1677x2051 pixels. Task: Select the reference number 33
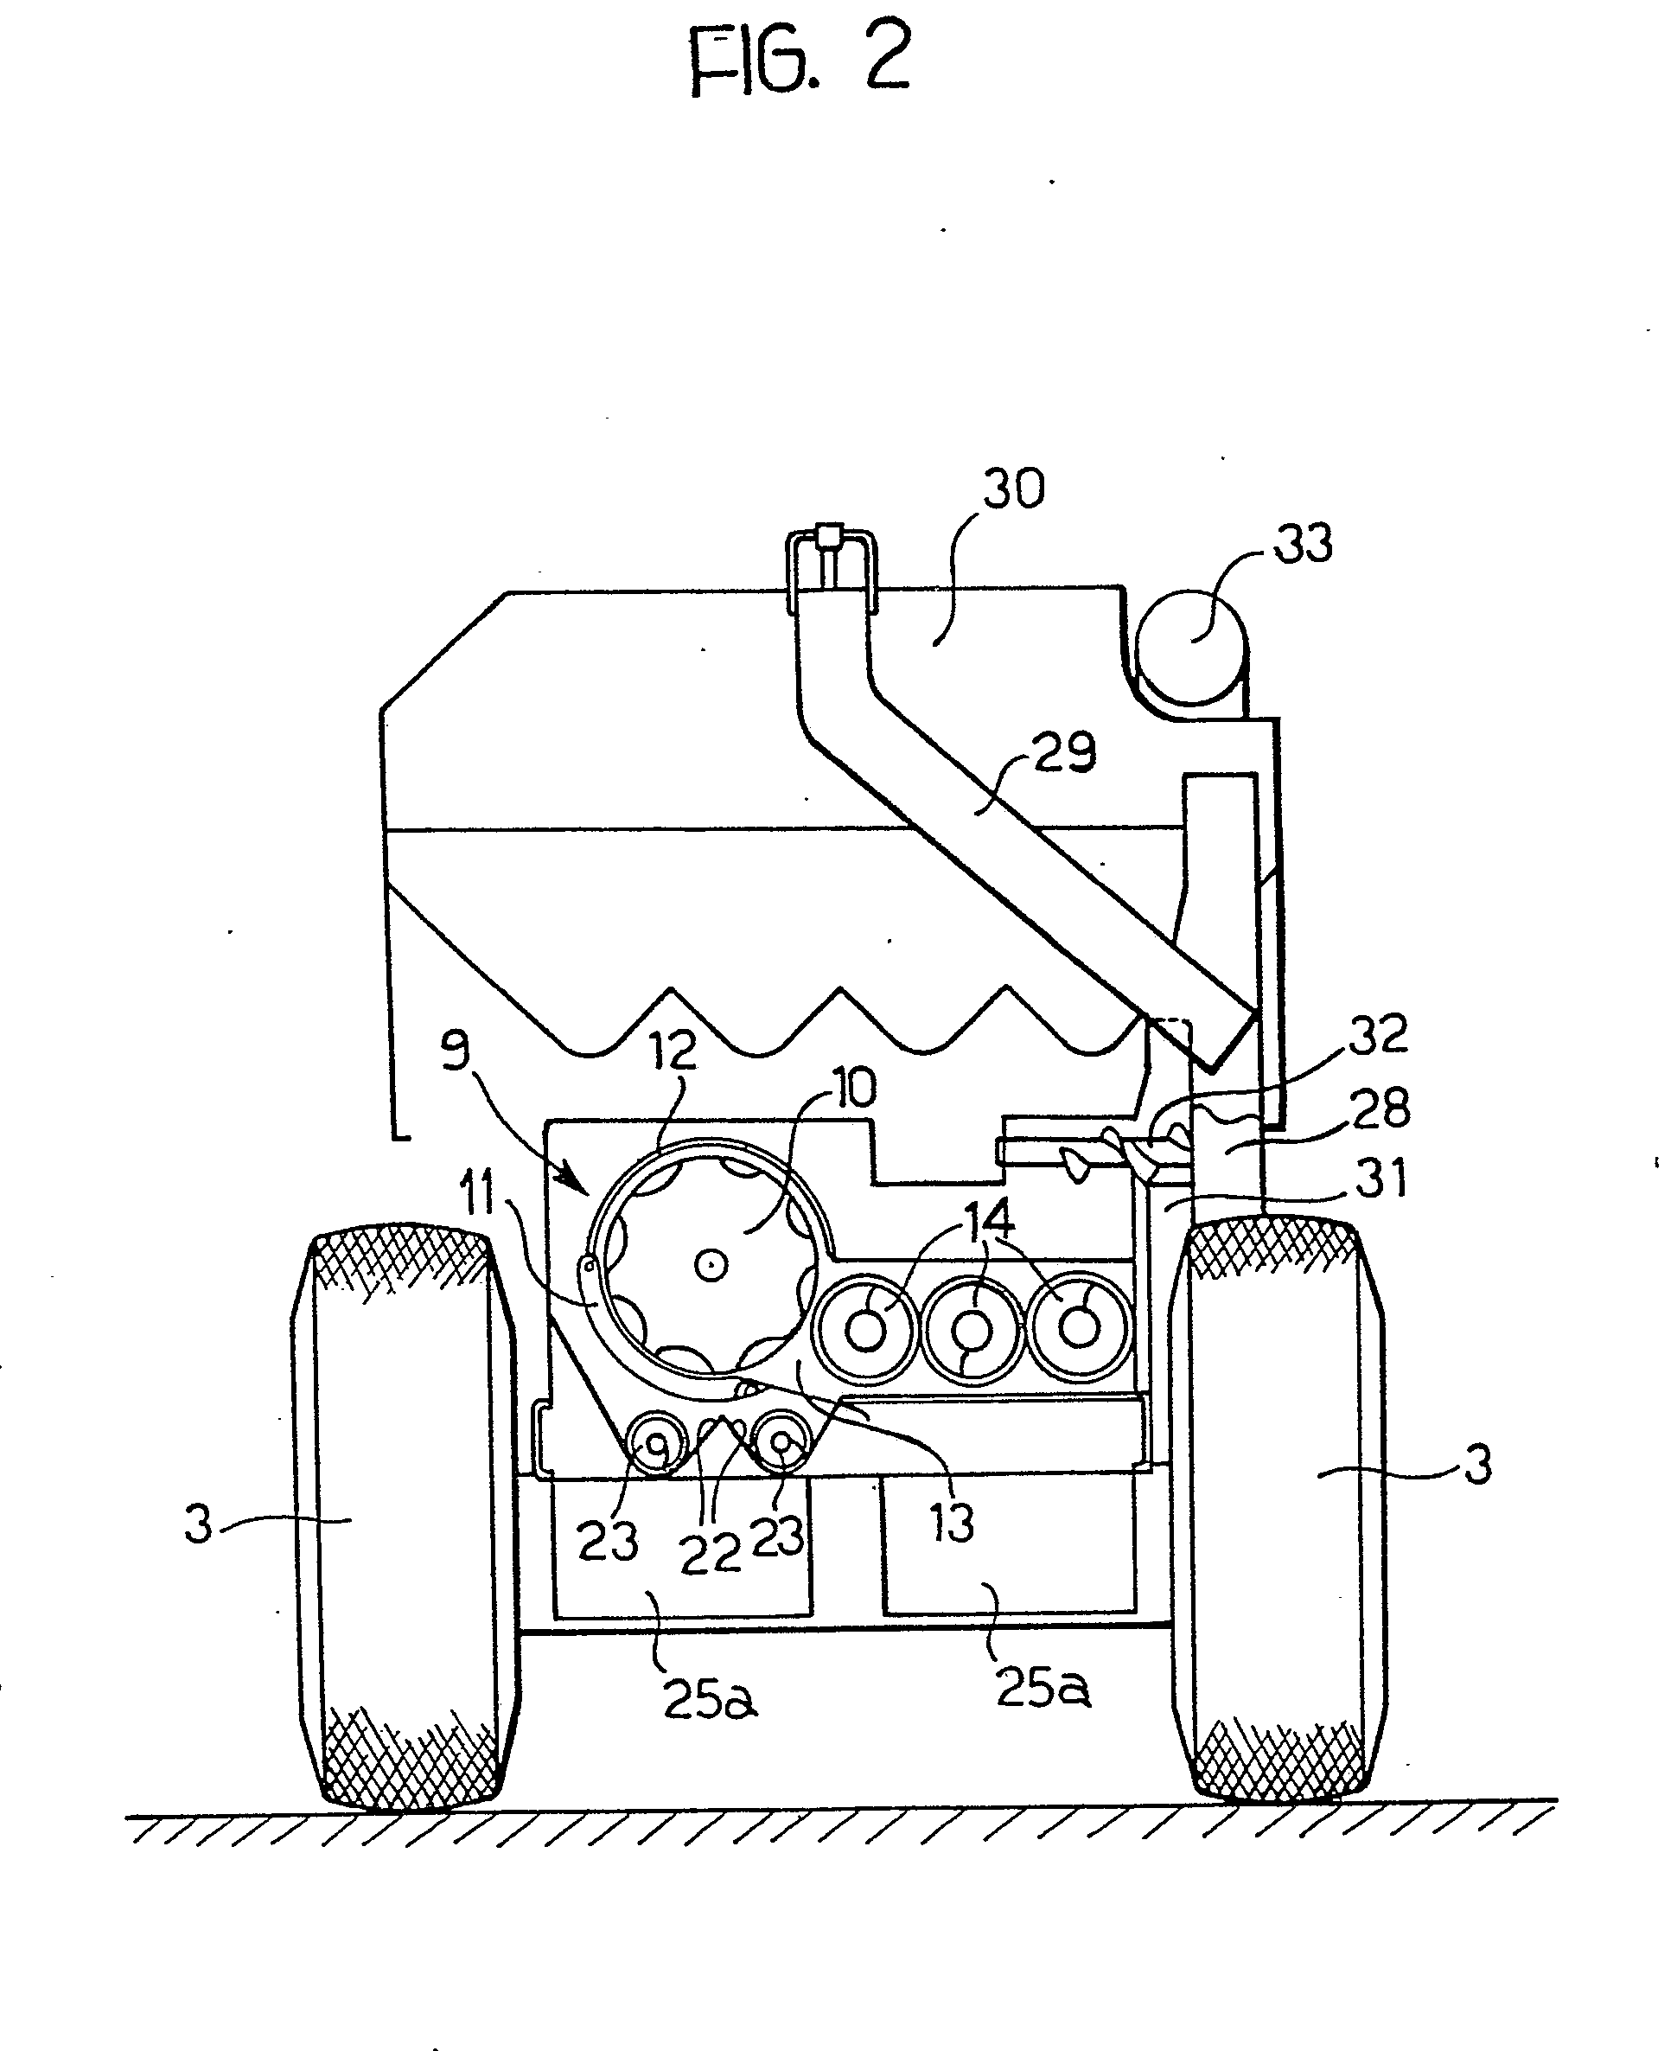(1304, 543)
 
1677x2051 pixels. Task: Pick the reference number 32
(1379, 1035)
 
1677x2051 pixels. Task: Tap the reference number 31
(1382, 1179)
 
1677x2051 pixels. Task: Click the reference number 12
(673, 1049)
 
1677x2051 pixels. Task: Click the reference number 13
(953, 1523)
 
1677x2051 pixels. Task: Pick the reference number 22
(710, 1555)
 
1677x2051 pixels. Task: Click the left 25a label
(709, 1699)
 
